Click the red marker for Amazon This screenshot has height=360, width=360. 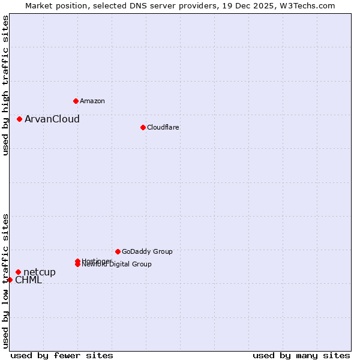[76, 101]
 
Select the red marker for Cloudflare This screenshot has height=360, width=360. [143, 127]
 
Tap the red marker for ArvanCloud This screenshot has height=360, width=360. [19, 119]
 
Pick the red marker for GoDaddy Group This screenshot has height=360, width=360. [118, 251]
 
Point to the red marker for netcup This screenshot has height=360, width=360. [18, 272]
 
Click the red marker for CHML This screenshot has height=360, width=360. [10, 280]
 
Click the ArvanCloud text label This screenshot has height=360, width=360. [52, 119]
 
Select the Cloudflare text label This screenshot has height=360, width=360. [163, 127]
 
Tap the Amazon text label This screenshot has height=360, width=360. [92, 101]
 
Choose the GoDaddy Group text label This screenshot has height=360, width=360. [147, 251]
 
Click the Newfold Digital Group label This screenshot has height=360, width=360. [118, 265]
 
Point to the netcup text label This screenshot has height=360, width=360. [40, 272]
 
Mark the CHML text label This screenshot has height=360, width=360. [28, 280]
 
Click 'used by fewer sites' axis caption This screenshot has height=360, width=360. [62, 355]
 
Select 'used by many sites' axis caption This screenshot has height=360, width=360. [301, 355]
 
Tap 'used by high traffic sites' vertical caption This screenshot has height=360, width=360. [5, 85]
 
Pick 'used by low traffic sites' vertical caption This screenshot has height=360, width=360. [5, 280]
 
